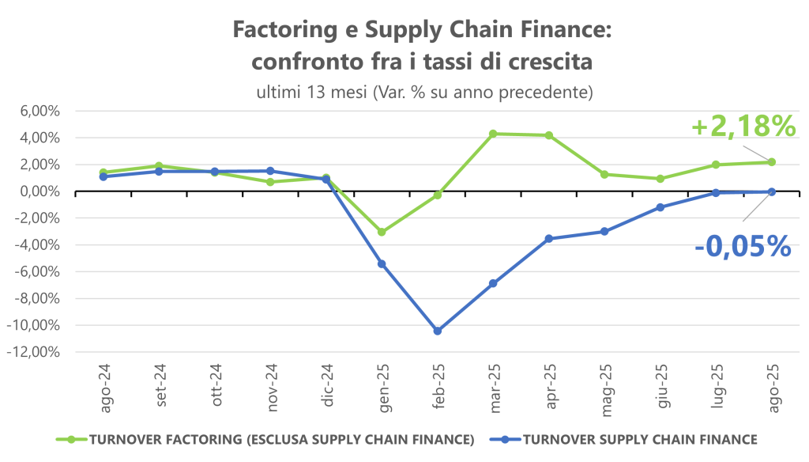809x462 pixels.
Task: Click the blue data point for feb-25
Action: (437, 331)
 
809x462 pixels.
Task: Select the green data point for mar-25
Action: (493, 134)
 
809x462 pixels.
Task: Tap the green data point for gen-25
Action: (382, 232)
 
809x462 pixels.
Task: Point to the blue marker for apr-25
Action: (548, 238)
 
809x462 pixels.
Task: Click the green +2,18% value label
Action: (742, 127)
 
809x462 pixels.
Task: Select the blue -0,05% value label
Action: (743, 246)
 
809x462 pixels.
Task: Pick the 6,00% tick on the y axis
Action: (39, 111)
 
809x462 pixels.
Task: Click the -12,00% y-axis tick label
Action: (36, 352)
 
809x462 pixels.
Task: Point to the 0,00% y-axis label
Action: (39, 191)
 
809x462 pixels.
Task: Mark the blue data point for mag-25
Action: (604, 232)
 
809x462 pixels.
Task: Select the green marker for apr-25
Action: (548, 135)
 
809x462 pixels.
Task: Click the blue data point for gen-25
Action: (382, 263)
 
